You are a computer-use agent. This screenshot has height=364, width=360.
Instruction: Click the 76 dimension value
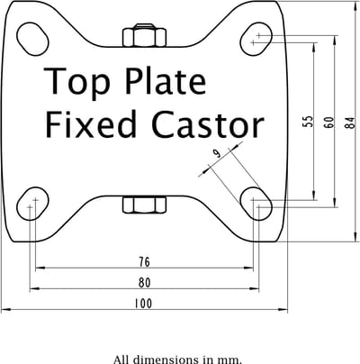tap(144, 262)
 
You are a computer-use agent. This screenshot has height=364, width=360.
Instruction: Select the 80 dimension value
tap(144, 283)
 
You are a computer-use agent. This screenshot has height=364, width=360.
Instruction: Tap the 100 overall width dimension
tap(143, 304)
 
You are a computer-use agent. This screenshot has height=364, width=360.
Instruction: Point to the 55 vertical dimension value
tap(308, 122)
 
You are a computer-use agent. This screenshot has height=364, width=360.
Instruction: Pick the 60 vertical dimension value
tap(329, 123)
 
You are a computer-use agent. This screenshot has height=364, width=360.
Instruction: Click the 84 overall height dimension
tap(350, 123)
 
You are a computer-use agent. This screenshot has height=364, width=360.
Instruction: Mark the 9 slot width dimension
tap(217, 154)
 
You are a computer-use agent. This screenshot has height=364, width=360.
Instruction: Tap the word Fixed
tap(91, 123)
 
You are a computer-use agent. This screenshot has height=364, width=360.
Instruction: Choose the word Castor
tap(208, 125)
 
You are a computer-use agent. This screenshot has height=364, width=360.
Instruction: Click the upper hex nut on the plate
tap(144, 35)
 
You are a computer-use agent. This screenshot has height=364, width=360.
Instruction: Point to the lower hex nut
tap(144, 205)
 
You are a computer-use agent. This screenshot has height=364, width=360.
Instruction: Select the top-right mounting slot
tap(256, 39)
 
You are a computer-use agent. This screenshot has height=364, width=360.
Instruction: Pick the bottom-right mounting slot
tap(256, 204)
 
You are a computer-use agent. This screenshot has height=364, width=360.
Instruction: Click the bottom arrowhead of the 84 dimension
tap(355, 238)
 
